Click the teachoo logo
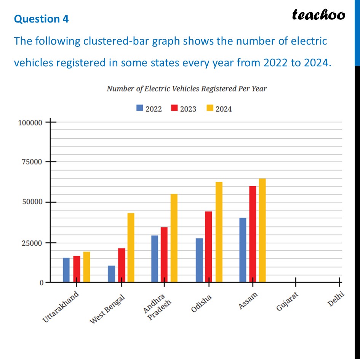318,15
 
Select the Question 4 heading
41,19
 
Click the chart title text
187,89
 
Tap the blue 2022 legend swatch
140,109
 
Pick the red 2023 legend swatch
174,109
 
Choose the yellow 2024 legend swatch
210,109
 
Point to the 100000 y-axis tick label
30,123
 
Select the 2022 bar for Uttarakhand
66,270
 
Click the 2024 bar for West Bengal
131,248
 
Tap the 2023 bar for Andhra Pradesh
164,255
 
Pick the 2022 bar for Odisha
199,260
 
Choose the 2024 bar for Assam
262,230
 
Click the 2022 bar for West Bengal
111,274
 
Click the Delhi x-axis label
336,299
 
